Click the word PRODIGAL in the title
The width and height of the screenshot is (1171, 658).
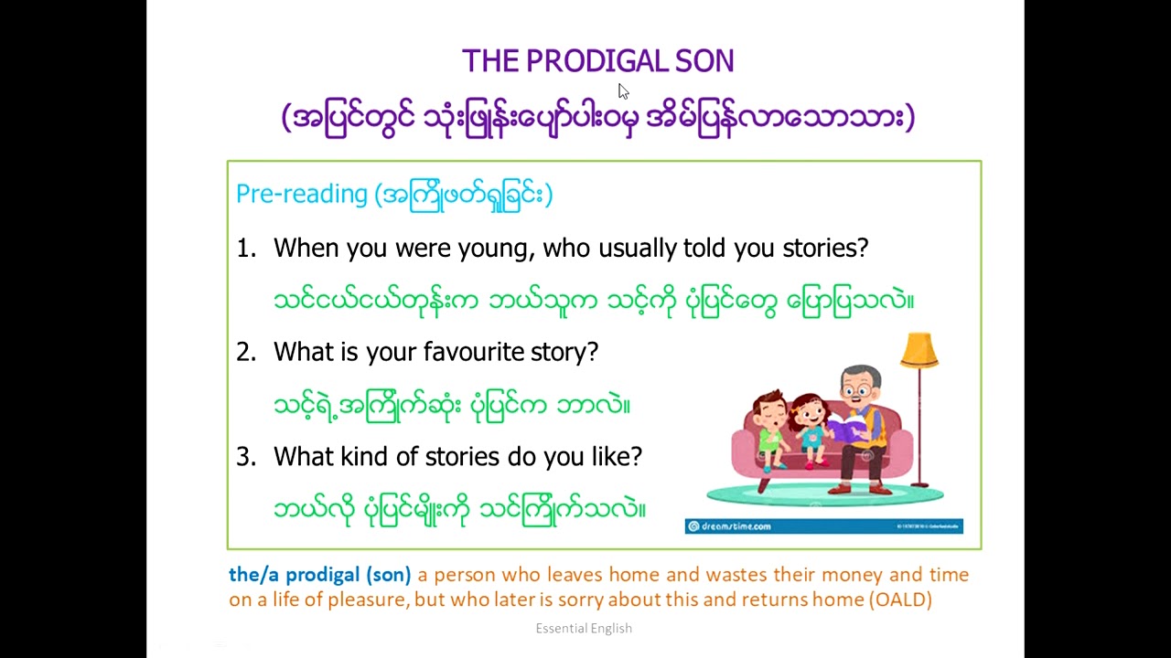(585, 61)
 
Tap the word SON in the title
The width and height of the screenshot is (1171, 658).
(704, 61)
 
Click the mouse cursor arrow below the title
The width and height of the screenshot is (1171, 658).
(623, 91)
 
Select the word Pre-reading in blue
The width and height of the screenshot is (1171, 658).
(301, 194)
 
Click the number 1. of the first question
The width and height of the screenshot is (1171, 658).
(246, 249)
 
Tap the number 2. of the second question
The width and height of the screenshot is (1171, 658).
(246, 353)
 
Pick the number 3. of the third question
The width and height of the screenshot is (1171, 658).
(246, 457)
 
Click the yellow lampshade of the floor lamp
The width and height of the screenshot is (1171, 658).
(919, 350)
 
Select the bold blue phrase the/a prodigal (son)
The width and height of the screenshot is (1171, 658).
(319, 575)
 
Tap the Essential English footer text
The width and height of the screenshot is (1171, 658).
(584, 629)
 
